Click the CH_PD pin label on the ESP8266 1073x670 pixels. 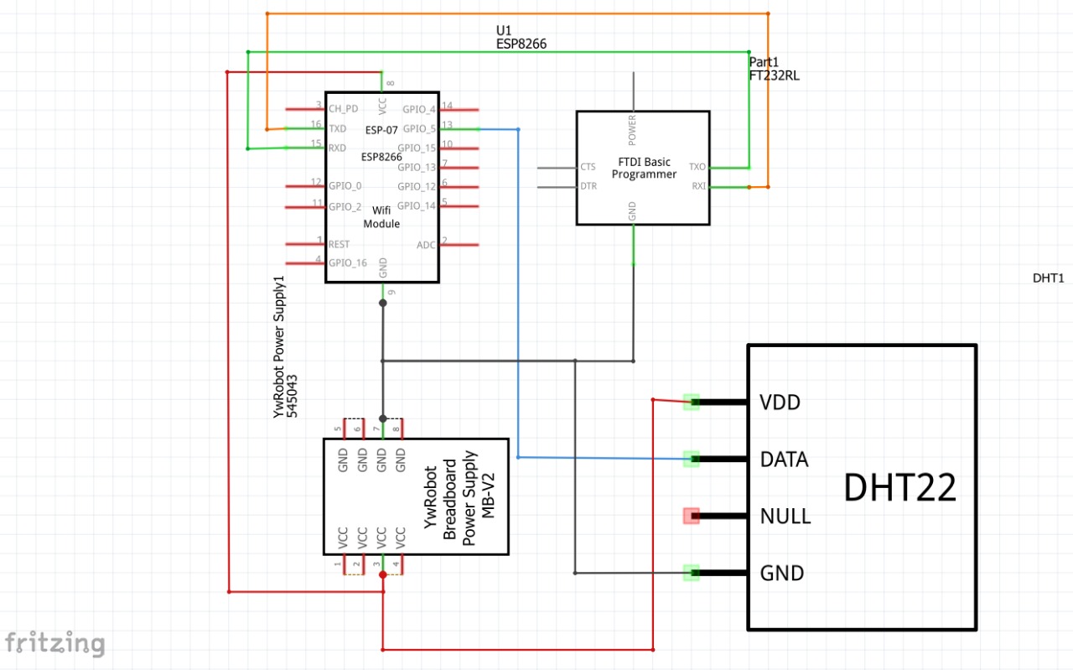coord(343,109)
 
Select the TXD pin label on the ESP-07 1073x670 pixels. coord(338,128)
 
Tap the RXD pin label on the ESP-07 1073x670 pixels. coord(338,148)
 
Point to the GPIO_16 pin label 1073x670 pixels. coord(347,262)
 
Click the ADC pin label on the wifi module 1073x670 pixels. coord(426,245)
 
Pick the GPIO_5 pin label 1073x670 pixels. coord(418,128)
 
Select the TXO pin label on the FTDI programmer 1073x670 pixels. coord(697,167)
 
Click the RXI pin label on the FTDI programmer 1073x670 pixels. coord(697,186)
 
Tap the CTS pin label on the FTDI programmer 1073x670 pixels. coord(588,167)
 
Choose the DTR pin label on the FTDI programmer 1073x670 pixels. coord(588,186)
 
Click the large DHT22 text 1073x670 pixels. coord(899,488)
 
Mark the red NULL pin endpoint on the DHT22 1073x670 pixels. coord(691,516)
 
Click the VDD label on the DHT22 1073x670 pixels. coord(780,403)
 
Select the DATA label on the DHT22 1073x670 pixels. coord(784,460)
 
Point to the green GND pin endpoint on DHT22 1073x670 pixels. coord(691,573)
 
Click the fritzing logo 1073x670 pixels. coord(54,643)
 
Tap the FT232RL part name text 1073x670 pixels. coord(774,75)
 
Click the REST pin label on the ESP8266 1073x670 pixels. coord(340,244)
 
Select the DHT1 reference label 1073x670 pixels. coord(1048,278)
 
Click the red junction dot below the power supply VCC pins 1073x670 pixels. coord(383,575)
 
